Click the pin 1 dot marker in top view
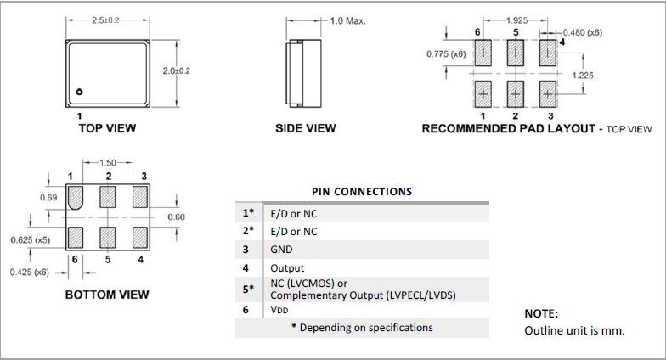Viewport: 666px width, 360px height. pos(79,92)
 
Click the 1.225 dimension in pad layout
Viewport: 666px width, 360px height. pos(583,75)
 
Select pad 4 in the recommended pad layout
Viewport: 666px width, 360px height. pos(548,53)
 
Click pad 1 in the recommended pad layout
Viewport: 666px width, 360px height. pos(483,89)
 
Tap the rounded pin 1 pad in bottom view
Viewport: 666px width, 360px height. pos(75,198)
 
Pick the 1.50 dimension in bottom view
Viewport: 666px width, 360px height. pos(108,161)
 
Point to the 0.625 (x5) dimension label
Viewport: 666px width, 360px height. pos(29,241)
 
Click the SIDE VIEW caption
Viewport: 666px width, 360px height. pos(306,128)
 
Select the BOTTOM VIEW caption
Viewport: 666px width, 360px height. pos(107,295)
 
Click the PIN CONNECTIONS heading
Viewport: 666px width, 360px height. pos(362,191)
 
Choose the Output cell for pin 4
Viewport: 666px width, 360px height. pos(286,268)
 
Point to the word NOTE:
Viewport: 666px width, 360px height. pos(541,313)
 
